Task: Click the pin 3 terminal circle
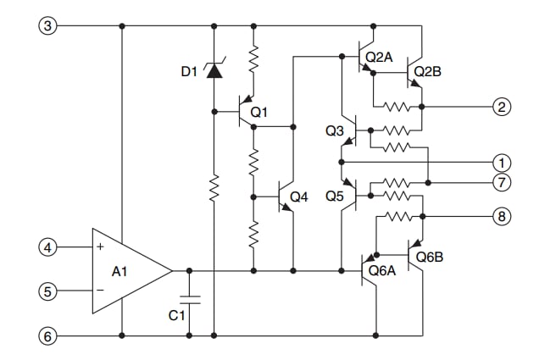(x=48, y=26)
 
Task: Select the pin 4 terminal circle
(x=48, y=248)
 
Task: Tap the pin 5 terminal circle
(x=48, y=291)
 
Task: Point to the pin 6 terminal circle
(x=48, y=336)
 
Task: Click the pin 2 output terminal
(x=503, y=107)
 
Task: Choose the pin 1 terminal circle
(x=503, y=162)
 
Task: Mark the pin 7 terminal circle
(x=503, y=183)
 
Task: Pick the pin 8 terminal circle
(x=503, y=217)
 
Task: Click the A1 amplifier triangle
(x=127, y=271)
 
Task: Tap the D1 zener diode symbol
(x=214, y=70)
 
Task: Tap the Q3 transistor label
(x=336, y=131)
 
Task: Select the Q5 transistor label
(x=336, y=197)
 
